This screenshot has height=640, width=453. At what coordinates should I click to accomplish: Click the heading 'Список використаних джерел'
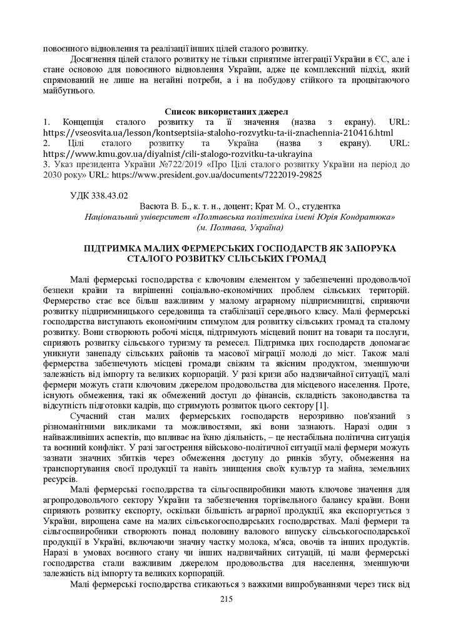(x=226, y=111)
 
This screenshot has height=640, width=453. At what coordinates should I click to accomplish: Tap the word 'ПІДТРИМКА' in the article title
(x=116, y=248)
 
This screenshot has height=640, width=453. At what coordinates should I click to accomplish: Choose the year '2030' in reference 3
(x=54, y=175)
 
